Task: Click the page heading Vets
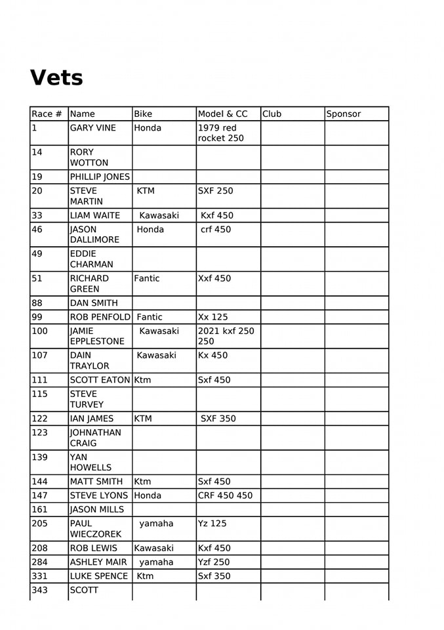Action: [x=56, y=77]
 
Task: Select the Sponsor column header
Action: [x=344, y=114]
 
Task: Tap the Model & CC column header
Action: [x=223, y=114]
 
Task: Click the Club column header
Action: [x=272, y=114]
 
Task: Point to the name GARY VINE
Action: [x=92, y=128]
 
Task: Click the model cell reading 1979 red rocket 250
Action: [x=220, y=133]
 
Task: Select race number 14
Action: [x=38, y=152]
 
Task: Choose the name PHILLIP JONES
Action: [x=100, y=177]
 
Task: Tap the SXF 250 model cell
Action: [x=216, y=191]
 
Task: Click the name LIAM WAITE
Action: [x=95, y=215]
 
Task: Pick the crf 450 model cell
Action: [x=216, y=230]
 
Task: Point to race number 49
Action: [x=38, y=254]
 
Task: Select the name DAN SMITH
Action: [x=94, y=303]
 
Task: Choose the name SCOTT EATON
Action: [x=100, y=380]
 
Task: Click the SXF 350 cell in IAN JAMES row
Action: [x=218, y=419]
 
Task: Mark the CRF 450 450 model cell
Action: [x=225, y=495]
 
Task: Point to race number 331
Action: [x=39, y=576]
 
